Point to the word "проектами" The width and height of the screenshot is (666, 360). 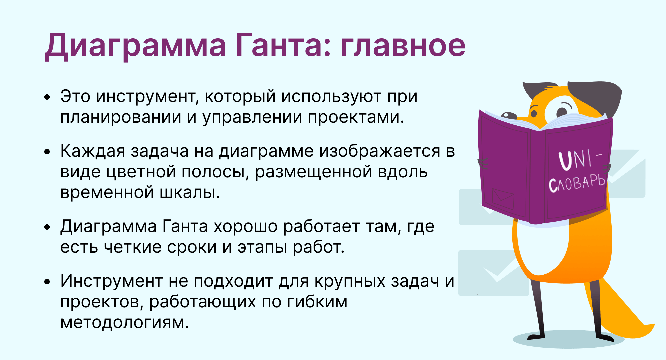[356, 117]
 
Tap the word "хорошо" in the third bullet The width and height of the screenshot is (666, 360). [245, 227]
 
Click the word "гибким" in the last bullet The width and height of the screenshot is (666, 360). [317, 302]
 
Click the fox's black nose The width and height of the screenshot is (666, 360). [508, 115]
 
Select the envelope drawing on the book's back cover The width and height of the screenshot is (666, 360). [503, 198]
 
